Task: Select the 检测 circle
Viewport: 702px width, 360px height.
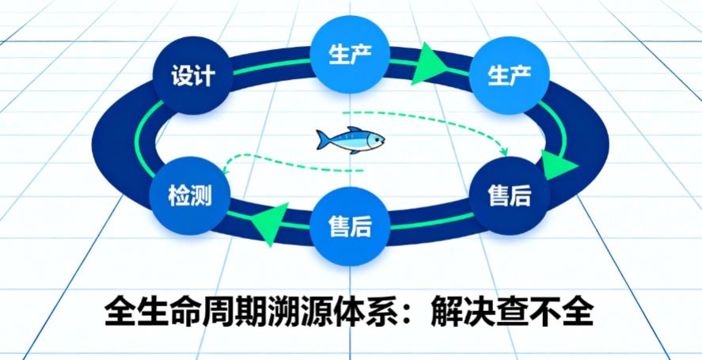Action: point(189,194)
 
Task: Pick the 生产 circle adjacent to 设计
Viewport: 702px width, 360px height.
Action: point(349,54)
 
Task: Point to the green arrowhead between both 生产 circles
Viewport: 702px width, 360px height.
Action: point(430,63)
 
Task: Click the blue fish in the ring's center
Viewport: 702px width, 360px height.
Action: point(350,140)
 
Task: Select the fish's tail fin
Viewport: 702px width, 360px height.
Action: point(322,139)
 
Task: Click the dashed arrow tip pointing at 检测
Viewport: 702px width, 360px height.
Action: point(225,169)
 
